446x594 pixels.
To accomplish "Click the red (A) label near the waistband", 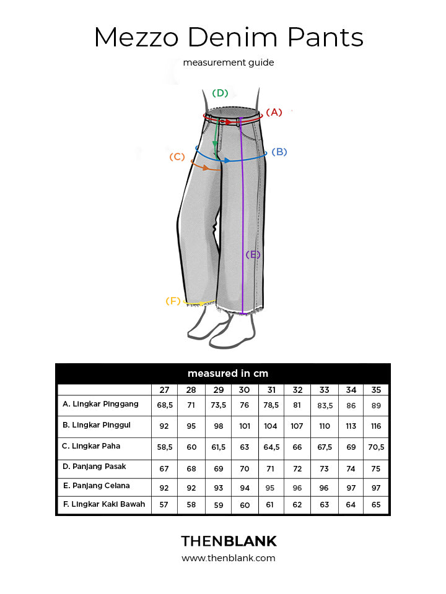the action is click(x=274, y=112).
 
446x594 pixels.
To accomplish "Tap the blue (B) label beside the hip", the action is click(x=279, y=152).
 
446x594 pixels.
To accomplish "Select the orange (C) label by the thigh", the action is click(x=177, y=157).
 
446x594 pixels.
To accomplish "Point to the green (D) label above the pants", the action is click(x=220, y=93).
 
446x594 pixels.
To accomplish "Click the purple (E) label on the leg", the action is click(x=253, y=254).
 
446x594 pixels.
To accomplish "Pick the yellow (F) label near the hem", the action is click(x=173, y=301).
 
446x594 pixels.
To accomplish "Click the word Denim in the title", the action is click(x=232, y=37).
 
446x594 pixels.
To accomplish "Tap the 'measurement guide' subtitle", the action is click(x=229, y=62).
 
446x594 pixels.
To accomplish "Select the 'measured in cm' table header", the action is click(x=228, y=373).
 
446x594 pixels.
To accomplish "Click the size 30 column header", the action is click(x=244, y=390).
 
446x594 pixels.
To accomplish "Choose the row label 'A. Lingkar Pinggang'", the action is click(x=100, y=404).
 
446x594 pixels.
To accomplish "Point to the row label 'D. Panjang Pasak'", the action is click(x=94, y=467).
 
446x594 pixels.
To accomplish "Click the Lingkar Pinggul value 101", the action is click(x=245, y=426).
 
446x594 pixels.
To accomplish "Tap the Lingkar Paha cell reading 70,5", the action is click(x=376, y=447).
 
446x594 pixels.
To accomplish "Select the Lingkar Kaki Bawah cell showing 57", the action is click(x=164, y=505).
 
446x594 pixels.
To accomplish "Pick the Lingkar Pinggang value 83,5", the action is click(x=325, y=406).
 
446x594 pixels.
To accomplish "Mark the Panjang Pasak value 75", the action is click(x=376, y=468).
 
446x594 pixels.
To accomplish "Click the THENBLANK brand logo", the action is click(x=229, y=541).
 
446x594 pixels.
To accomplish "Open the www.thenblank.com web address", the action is click(x=229, y=558).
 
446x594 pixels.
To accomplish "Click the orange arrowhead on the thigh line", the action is click(x=205, y=168).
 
